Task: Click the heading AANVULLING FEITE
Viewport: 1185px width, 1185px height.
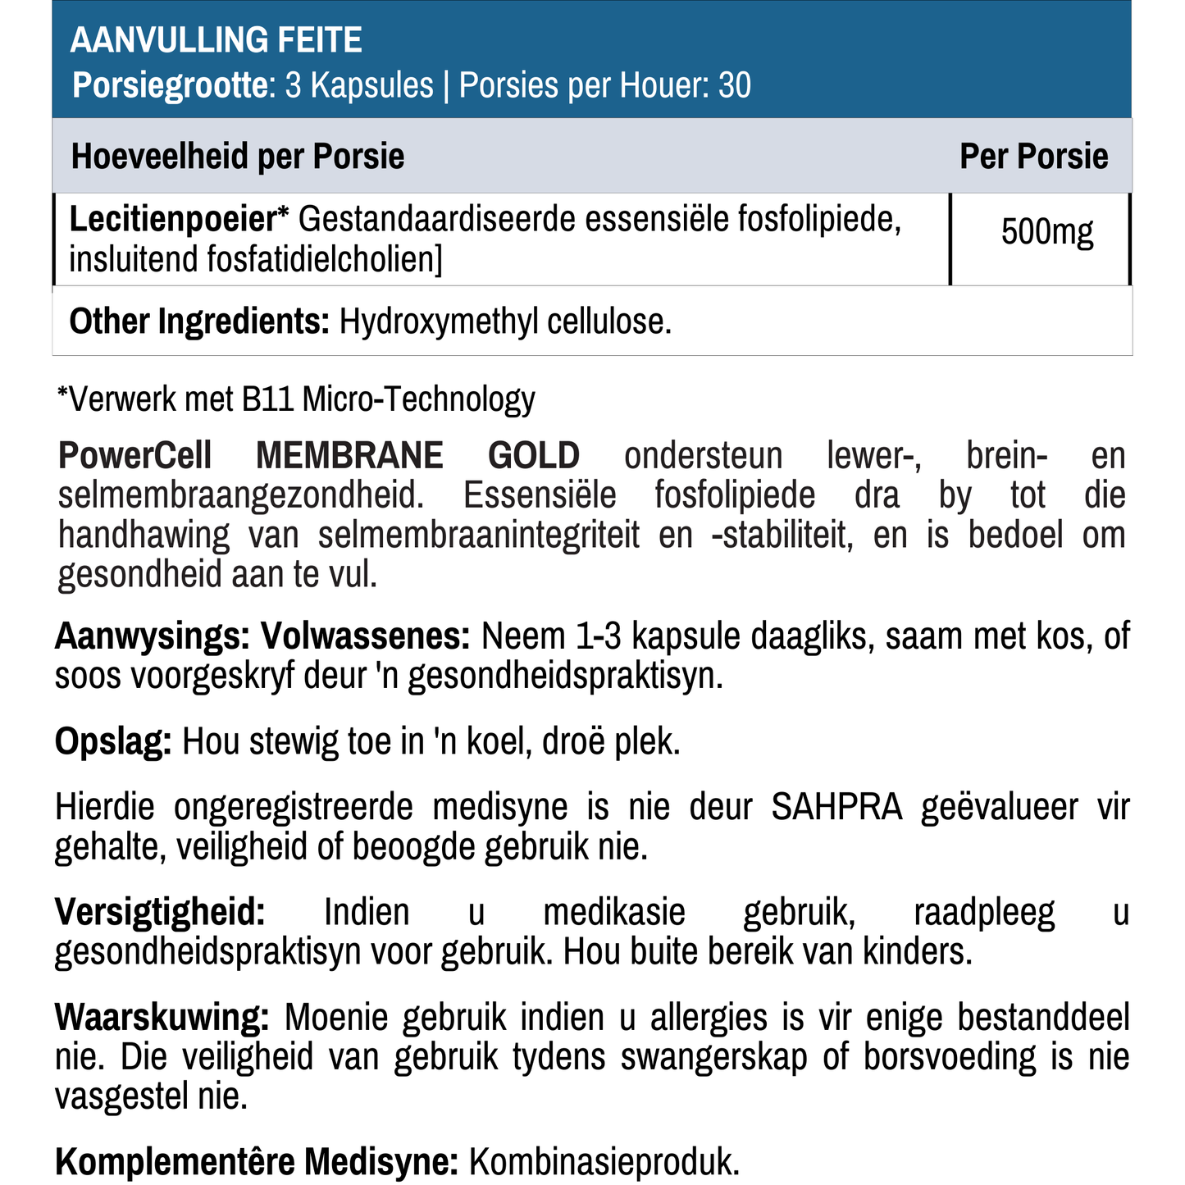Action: [x=216, y=40]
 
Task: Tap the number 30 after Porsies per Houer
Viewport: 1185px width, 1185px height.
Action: [x=735, y=85]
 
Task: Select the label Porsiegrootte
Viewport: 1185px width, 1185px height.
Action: [x=170, y=85]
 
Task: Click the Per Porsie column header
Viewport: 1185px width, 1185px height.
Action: [x=1033, y=156]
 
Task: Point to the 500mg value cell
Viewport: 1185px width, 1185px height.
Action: [x=1047, y=233]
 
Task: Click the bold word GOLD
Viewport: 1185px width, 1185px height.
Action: [x=534, y=455]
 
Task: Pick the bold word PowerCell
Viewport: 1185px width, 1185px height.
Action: [x=135, y=455]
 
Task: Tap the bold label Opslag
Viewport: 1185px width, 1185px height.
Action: [x=113, y=742]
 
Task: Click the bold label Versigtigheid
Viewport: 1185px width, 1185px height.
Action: [x=160, y=912]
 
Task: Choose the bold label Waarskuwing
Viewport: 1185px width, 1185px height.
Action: [x=162, y=1018]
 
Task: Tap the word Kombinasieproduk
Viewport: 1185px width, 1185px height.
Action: [x=604, y=1162]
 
